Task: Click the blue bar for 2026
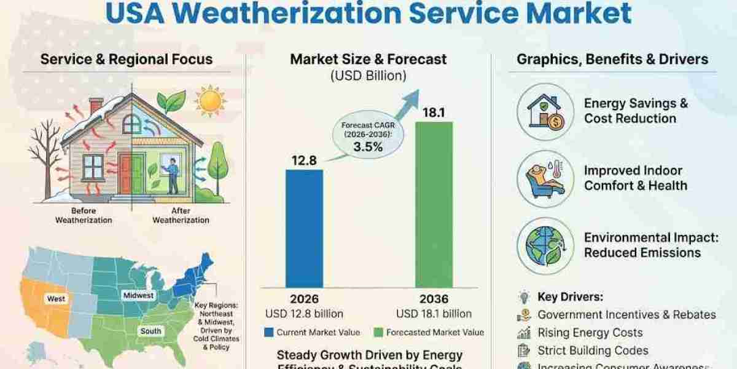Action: tap(304, 228)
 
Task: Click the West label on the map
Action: tap(57, 298)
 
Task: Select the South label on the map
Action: tap(150, 331)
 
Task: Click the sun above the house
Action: tap(210, 101)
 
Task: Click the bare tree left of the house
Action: tap(46, 157)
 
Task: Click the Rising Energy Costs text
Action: tap(590, 333)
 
